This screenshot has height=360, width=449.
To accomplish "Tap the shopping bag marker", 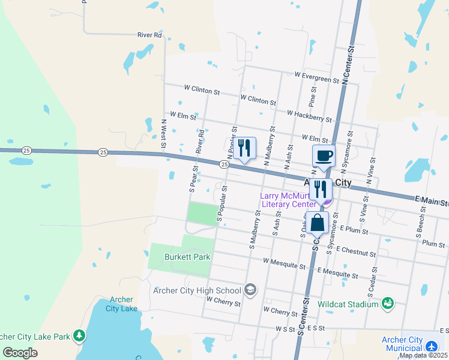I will coord(317,223).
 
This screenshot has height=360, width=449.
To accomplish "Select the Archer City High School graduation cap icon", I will coord(250,290).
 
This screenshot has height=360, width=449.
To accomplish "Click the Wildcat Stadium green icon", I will coord(388,304).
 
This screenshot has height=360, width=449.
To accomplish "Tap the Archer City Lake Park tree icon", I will coord(79,336).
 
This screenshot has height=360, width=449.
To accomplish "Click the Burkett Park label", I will coord(187,257).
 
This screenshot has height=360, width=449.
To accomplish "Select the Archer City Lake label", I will coord(121,304).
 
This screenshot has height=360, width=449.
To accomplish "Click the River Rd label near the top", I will coord(149,35).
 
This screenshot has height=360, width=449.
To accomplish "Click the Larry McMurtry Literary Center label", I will coord(287,200).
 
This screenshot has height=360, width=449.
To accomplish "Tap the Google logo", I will coord(20,352).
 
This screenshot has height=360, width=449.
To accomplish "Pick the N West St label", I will coord(163,133).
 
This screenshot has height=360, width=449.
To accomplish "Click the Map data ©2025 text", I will coord(423,356).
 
